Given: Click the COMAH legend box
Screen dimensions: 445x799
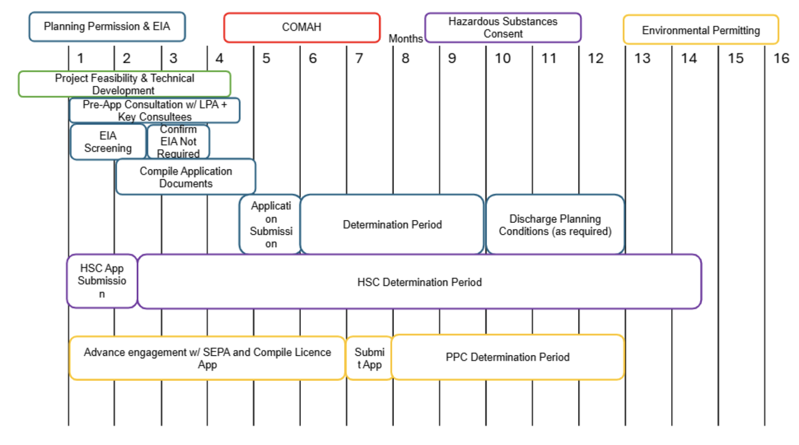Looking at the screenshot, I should click(302, 28).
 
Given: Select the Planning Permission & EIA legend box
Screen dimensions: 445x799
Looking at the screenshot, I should click(107, 27).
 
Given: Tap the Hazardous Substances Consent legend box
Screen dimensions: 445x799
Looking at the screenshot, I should click(503, 28).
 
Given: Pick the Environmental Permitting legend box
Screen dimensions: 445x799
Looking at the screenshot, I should click(701, 30).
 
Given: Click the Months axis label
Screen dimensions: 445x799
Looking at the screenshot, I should click(405, 39).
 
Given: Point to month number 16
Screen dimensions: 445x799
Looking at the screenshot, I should click(781, 58).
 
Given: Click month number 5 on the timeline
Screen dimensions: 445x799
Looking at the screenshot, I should click(266, 58).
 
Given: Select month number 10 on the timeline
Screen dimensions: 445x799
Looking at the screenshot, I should click(502, 58).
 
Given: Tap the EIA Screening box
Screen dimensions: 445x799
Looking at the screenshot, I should click(108, 142).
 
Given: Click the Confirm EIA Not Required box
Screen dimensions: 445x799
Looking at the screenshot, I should click(178, 142).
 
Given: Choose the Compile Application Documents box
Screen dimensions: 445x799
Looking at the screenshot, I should click(186, 177).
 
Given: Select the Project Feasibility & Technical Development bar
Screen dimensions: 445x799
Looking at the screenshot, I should click(125, 84).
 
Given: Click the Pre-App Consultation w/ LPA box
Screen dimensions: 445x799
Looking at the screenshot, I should click(155, 110).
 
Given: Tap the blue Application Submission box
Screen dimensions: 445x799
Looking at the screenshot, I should click(271, 225).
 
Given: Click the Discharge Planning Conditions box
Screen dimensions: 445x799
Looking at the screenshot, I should click(555, 225).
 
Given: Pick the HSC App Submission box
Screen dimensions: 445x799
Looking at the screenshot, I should click(102, 281).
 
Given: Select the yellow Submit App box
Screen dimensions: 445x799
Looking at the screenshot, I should click(369, 358).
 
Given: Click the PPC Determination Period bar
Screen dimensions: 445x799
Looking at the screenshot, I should click(507, 357).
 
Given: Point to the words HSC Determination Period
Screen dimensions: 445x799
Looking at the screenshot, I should click(419, 282).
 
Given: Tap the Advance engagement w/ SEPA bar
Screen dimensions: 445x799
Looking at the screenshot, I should click(207, 358).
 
